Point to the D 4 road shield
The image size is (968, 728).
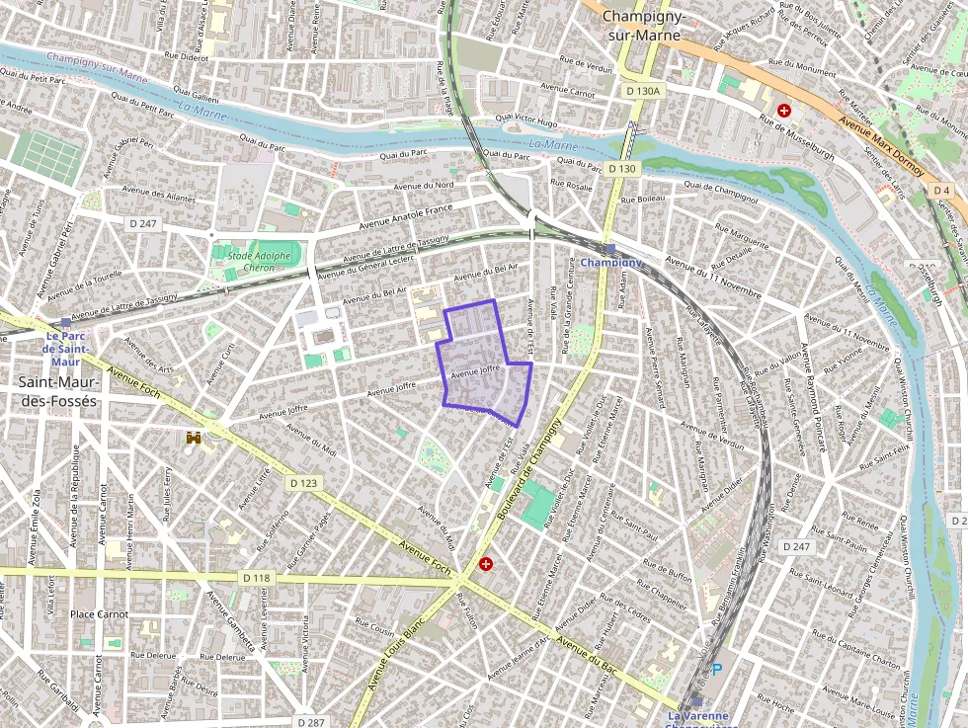(x=941, y=190)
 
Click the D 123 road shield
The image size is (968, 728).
(x=304, y=483)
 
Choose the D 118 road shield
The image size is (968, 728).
(x=255, y=577)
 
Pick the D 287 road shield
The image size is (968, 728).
(x=309, y=722)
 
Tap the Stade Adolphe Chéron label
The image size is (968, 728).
(x=260, y=262)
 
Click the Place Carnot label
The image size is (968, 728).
(x=100, y=613)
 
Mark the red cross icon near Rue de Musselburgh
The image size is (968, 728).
(x=784, y=111)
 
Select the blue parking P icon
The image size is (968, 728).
(x=717, y=670)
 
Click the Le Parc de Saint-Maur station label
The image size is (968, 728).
(x=66, y=348)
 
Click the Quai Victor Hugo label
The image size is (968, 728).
(x=526, y=121)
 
